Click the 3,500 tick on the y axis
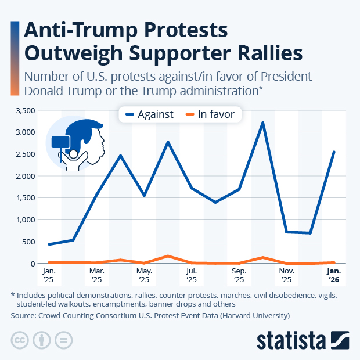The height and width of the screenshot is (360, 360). point(26,110)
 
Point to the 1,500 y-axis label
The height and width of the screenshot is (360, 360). point(26,197)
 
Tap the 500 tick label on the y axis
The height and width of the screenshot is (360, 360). point(29,242)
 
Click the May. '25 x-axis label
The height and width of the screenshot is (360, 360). point(144,275)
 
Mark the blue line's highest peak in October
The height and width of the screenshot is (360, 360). point(263,123)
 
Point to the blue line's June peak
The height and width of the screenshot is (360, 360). point(168,142)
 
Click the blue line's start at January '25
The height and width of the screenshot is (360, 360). point(49,244)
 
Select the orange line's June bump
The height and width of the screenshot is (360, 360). point(168,256)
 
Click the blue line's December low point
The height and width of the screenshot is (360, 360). point(311,233)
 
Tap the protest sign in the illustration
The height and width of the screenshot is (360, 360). point(61,142)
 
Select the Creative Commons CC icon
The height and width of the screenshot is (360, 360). point(20,340)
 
